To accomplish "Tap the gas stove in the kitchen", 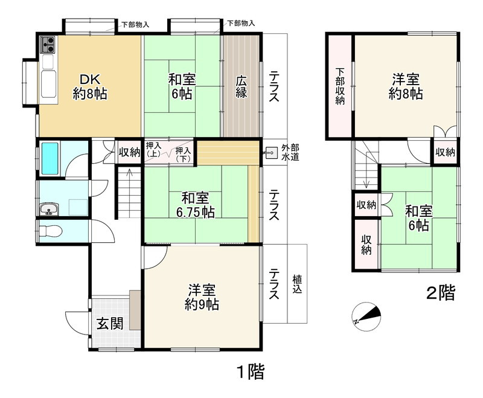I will tap(48, 44).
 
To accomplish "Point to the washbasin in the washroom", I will tap(48, 210).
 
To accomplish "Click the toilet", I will tap(51, 231).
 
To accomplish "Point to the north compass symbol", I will tap(368, 315).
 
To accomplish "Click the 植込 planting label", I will tap(298, 284).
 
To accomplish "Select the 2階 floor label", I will tap(440, 294).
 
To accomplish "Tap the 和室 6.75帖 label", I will tap(195, 204).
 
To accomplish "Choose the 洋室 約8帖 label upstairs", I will tap(405, 86).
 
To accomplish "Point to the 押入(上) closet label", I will tap(153, 149).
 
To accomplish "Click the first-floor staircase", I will tap(128, 193).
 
